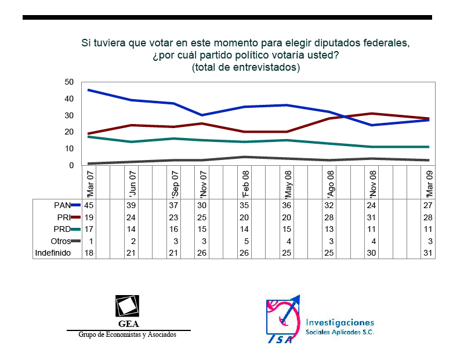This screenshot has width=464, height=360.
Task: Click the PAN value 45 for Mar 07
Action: [x=89, y=205]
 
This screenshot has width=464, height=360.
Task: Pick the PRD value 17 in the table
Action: [x=89, y=229]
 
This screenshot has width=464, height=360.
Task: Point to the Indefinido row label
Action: [x=53, y=253]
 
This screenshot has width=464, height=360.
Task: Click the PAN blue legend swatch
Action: [x=75, y=205]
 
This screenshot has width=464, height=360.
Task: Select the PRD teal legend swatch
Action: [x=75, y=229]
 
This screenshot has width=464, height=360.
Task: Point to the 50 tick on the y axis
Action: [x=69, y=82]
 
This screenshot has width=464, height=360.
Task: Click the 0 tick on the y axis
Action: [x=71, y=165]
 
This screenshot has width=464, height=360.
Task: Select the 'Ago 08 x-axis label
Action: [x=330, y=183]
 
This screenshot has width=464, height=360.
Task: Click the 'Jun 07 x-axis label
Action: [x=133, y=183]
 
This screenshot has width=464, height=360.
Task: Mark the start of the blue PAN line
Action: [x=88, y=90]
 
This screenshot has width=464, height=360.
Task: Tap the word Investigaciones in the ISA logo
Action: [x=340, y=322]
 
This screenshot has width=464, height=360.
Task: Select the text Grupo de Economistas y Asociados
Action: [x=127, y=334]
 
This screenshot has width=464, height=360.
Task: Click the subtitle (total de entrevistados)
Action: [x=246, y=67]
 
